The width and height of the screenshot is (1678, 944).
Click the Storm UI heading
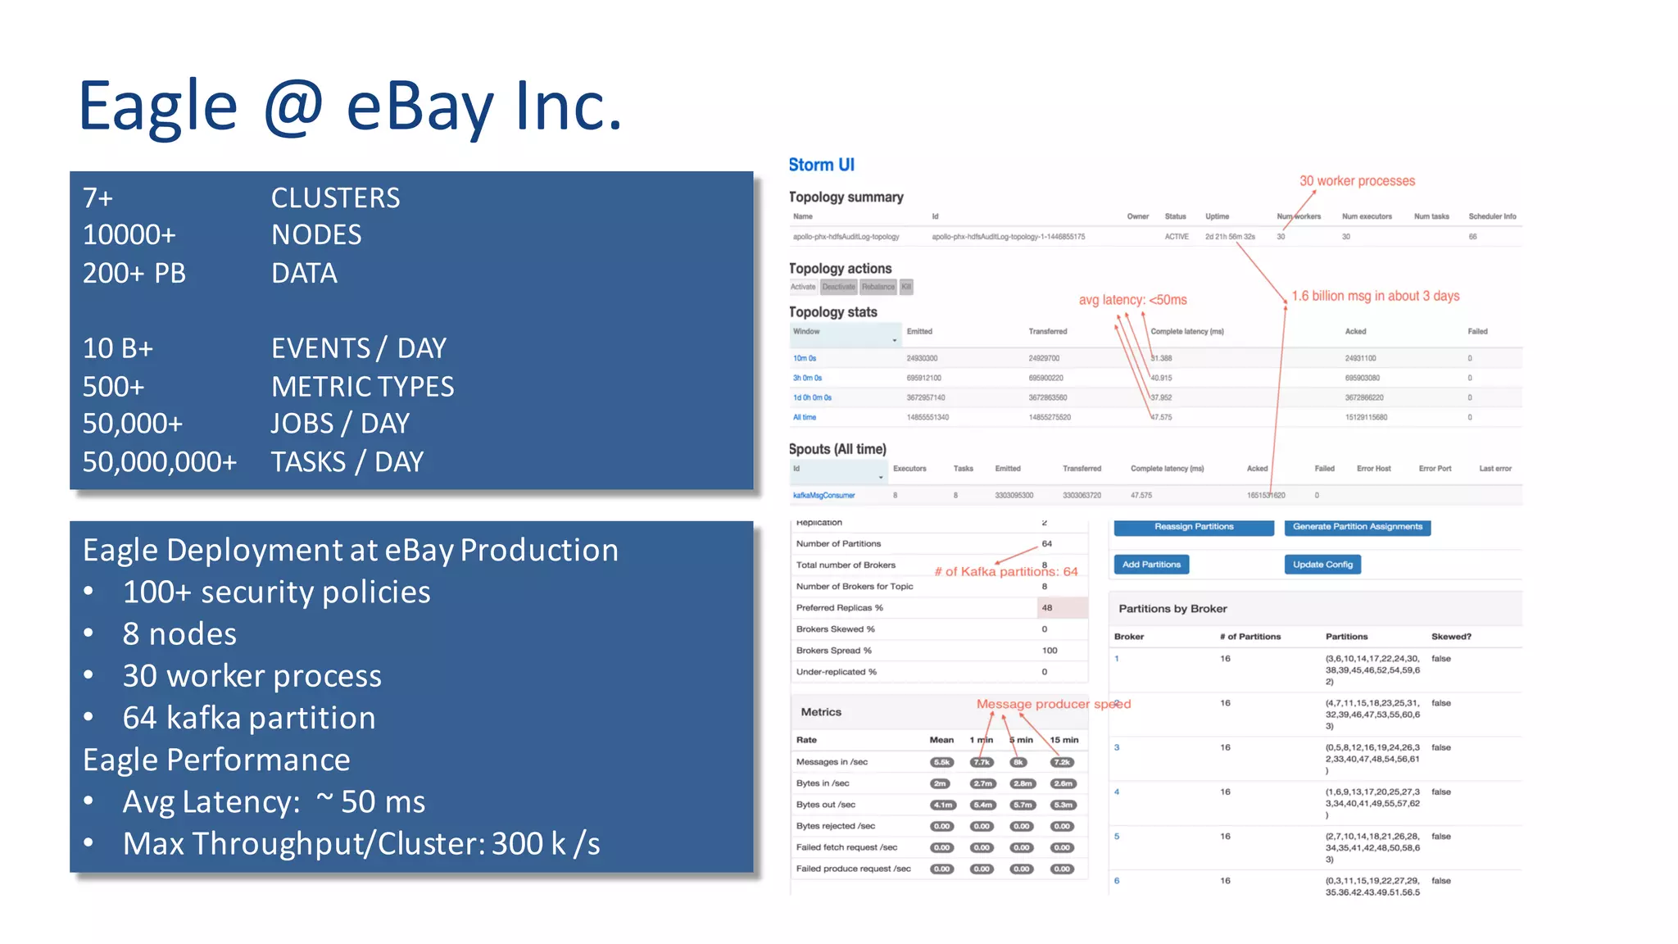point(821,165)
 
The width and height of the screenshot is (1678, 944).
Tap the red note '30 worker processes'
point(1357,181)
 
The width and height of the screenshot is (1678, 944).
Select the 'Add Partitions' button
point(1151,565)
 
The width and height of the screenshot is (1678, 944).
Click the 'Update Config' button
point(1322,565)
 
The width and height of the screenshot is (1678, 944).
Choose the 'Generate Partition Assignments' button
point(1357,527)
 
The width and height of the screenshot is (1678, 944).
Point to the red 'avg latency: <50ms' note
point(1132,300)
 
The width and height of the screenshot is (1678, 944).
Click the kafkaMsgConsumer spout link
point(823,496)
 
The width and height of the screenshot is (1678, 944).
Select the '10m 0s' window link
point(804,358)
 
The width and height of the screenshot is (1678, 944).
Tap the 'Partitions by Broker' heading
point(1172,609)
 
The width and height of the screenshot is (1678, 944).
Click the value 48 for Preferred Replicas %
point(1047,608)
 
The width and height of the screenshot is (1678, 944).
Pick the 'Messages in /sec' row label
point(832,762)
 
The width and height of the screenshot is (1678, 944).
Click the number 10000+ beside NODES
point(129,235)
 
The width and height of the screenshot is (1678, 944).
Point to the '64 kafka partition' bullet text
point(249,718)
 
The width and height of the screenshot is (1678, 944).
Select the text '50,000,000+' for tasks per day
point(160,462)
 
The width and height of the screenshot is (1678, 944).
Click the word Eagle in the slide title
point(157,107)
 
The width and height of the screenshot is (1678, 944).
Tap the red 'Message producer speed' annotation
point(1053,704)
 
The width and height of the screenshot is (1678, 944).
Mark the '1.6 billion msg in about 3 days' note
point(1375,296)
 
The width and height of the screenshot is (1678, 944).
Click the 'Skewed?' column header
point(1451,637)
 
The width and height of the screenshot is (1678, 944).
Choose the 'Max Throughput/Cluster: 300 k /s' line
point(361,844)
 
